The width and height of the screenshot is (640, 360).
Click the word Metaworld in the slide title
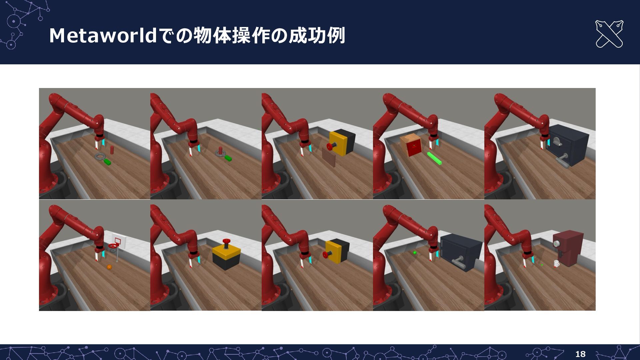tap(103, 36)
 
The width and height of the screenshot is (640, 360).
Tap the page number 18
tap(580, 354)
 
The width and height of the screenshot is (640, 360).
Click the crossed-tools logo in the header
tap(609, 34)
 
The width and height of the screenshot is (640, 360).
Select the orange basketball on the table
tap(109, 267)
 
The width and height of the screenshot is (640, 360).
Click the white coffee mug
tap(556, 264)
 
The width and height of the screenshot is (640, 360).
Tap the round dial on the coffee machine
tap(556, 244)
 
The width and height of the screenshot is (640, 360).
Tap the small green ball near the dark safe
tap(415, 253)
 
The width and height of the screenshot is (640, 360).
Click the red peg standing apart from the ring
tap(112, 150)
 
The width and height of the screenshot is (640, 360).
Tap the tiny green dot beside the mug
tap(542, 265)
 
